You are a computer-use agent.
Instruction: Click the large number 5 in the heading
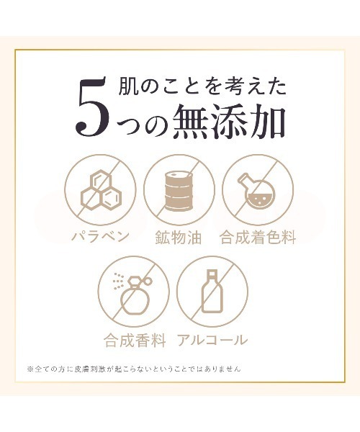coord(92,107)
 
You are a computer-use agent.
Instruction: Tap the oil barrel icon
coord(179,192)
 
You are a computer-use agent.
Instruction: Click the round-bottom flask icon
coord(255,192)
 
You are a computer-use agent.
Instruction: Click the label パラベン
coord(100,236)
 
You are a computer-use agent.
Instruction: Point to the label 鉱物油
coord(179,237)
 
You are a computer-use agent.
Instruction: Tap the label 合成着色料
coord(258,237)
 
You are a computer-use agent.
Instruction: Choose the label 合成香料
coord(135,340)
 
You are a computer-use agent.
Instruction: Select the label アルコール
coord(212,340)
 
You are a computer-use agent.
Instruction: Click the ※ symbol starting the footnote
coord(30,369)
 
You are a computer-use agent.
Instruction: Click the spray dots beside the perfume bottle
coord(118,281)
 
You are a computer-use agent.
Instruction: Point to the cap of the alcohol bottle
coord(212,274)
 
